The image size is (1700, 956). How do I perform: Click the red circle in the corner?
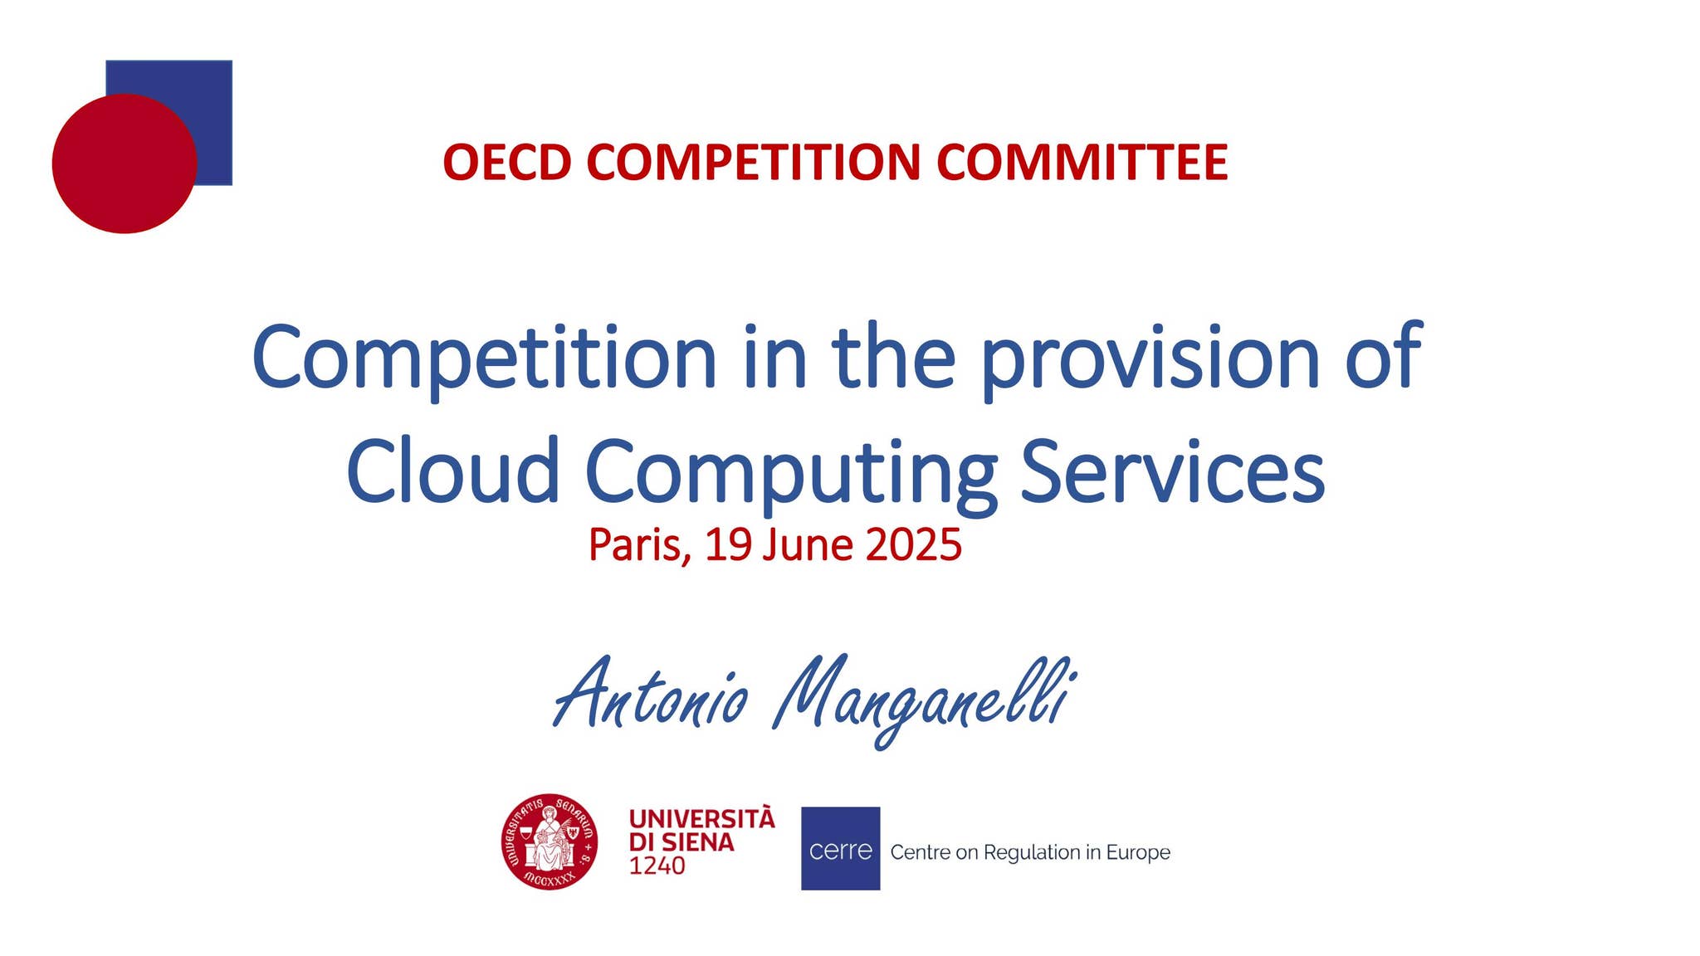pos(125,163)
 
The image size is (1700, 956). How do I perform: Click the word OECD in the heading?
pos(507,162)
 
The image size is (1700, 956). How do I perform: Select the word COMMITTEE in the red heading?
pos(1082,162)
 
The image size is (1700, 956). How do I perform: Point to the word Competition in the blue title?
pos(484,358)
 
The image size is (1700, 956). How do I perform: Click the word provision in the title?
pos(1150,358)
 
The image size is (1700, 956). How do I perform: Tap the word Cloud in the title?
pos(453,471)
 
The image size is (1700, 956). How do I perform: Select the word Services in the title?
pos(1172,471)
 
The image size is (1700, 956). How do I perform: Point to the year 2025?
pos(913,545)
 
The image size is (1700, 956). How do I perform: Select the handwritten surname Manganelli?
pos(923,700)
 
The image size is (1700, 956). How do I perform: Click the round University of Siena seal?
pos(550,841)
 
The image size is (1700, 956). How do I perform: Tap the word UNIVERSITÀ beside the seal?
pos(701,819)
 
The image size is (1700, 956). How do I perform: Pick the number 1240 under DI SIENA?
pos(657,866)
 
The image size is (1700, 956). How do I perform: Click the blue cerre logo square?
pos(840,848)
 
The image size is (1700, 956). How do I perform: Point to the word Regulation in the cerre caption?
pos(1033,853)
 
